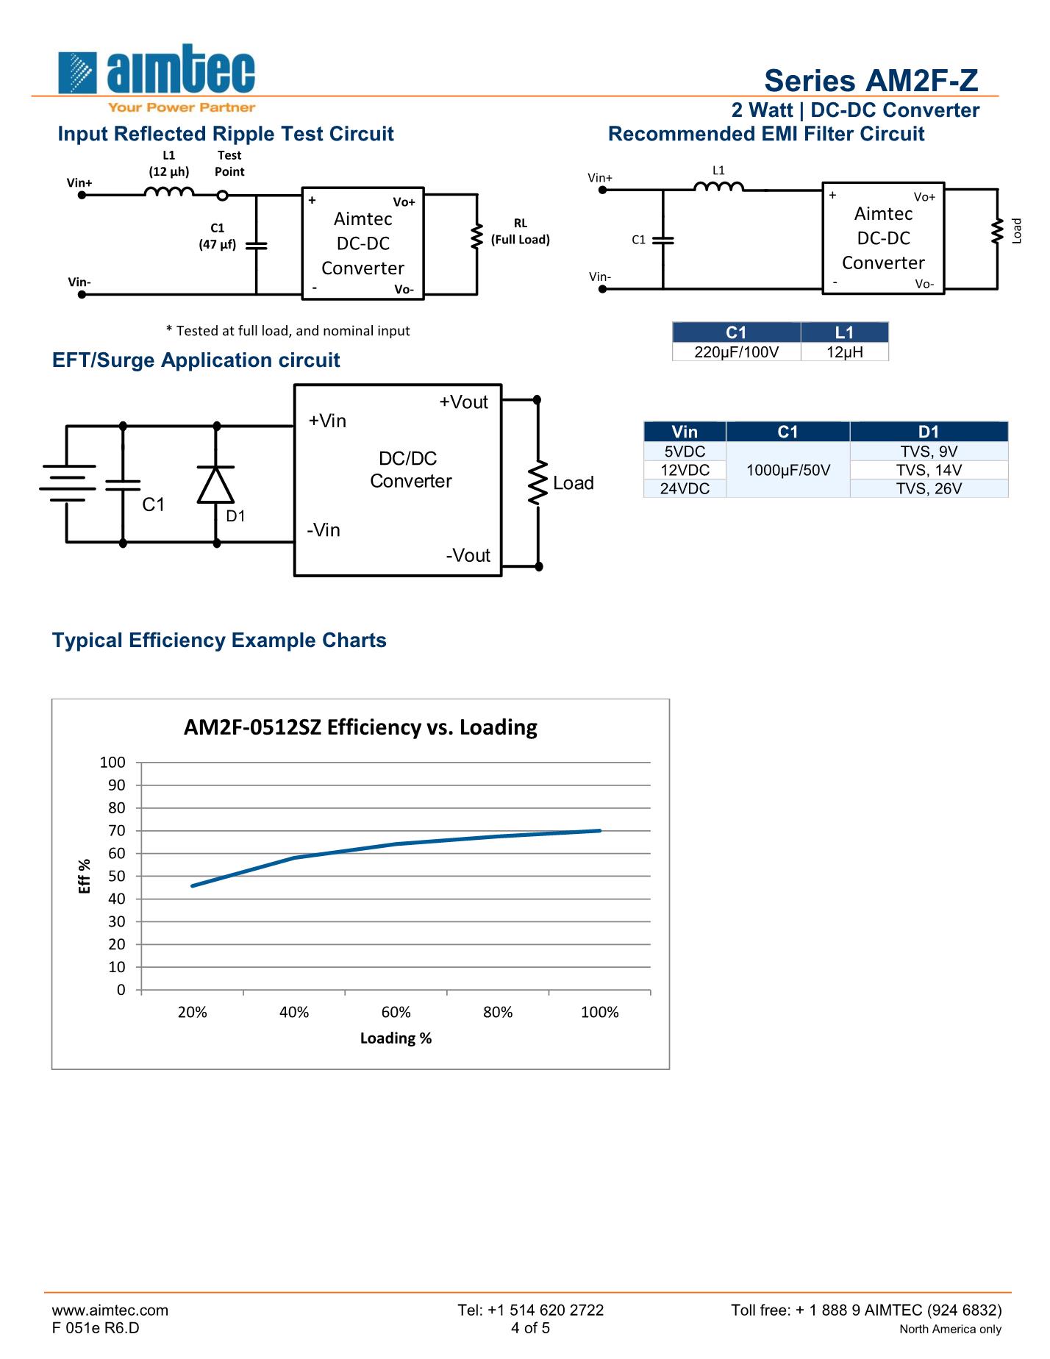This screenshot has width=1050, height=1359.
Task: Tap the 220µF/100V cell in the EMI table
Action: [x=736, y=352]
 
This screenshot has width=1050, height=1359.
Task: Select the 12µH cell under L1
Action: [x=844, y=352]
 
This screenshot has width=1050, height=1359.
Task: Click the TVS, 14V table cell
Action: [x=929, y=470]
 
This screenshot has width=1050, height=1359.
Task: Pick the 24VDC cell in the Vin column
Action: [x=685, y=488]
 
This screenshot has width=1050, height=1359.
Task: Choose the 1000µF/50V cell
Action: [x=787, y=470]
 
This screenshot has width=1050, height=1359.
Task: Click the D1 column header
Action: [x=929, y=432]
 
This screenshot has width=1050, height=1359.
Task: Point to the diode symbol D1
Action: [x=216, y=485]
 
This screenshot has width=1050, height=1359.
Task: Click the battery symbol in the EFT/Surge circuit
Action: [x=68, y=482]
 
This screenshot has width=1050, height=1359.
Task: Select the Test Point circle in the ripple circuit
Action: [x=223, y=195]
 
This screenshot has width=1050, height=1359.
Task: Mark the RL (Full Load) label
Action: [x=521, y=232]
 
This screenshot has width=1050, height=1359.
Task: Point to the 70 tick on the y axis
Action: [x=117, y=830]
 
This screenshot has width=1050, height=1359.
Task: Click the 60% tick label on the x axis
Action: [x=396, y=1013]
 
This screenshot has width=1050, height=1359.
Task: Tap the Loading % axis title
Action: [x=396, y=1038]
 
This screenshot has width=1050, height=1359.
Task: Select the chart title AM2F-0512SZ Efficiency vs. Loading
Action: [x=360, y=727]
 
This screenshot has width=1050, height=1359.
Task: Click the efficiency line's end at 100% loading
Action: [x=600, y=830]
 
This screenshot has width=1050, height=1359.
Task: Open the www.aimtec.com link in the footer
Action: [x=110, y=1310]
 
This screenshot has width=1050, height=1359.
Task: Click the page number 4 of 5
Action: [x=530, y=1327]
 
